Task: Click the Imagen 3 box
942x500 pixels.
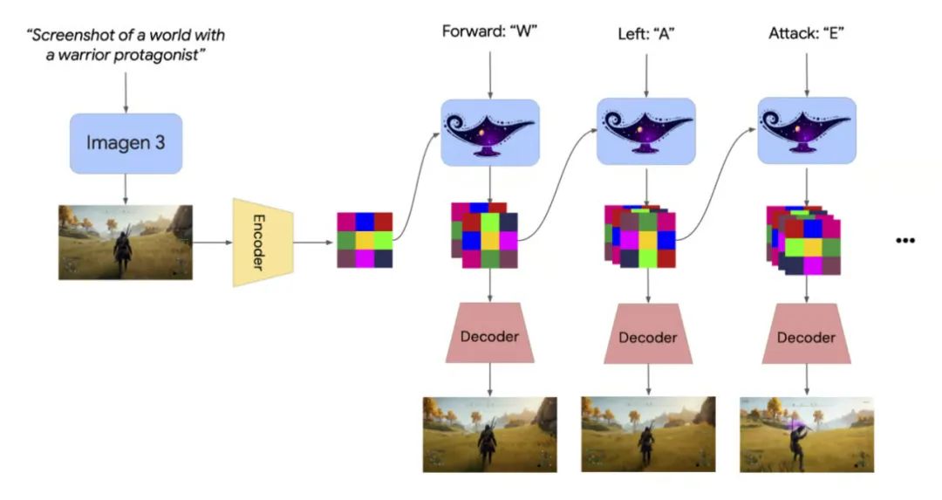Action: (126, 142)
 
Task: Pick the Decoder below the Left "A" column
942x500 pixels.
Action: (647, 336)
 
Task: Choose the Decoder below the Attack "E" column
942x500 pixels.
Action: (806, 336)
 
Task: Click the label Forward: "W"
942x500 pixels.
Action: (490, 35)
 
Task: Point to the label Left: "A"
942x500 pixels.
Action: (646, 35)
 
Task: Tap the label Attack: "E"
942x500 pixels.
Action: (807, 35)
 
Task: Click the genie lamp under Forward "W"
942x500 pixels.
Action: (490, 131)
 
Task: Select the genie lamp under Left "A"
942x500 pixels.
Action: (646, 131)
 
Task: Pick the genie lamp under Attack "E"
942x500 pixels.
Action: (807, 131)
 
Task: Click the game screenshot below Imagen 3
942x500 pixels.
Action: (126, 242)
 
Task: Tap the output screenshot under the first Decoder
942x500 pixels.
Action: (489, 434)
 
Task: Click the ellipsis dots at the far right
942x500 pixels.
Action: (904, 240)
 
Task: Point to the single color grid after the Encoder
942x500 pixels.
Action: (365, 240)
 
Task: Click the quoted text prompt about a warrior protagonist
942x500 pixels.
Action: (126, 45)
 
